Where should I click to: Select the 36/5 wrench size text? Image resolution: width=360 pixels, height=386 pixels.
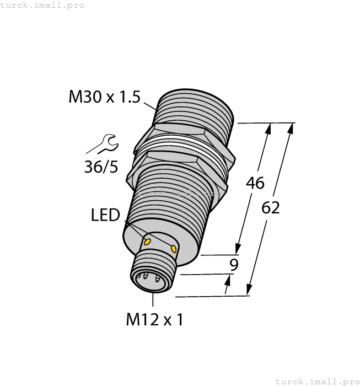(x=101, y=167)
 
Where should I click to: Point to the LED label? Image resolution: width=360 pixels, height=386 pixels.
(x=105, y=215)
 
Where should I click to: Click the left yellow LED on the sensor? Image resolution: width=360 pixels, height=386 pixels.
(x=147, y=241)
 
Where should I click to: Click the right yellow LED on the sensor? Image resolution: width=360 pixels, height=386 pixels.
(x=174, y=249)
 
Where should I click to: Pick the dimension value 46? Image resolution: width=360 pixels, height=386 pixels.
(x=255, y=183)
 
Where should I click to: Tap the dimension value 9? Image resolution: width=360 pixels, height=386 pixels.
(x=234, y=265)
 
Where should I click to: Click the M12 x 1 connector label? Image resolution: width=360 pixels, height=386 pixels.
(x=154, y=319)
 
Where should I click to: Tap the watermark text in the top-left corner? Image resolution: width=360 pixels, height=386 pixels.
(x=42, y=5)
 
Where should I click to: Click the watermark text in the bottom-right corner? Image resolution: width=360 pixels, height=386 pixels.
(x=317, y=381)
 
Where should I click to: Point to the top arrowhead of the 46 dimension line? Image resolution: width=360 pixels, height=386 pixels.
(x=269, y=128)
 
